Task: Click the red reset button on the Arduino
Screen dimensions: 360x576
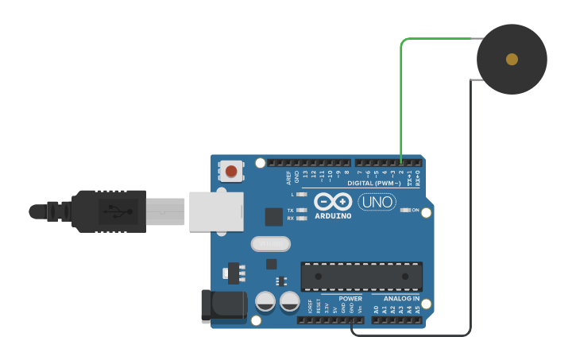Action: pyautogui.click(x=231, y=171)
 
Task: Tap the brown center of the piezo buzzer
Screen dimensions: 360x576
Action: pyautogui.click(x=512, y=59)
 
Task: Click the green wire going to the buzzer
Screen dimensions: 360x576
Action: pyautogui.click(x=401, y=95)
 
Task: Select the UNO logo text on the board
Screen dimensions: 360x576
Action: pyautogui.click(x=377, y=202)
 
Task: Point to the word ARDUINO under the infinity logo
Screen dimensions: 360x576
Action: pyautogui.click(x=333, y=216)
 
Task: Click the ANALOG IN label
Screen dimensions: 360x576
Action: pyautogui.click(x=401, y=299)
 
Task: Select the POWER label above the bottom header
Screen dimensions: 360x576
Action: pyautogui.click(x=350, y=299)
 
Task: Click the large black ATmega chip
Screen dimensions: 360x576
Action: pyautogui.click(x=361, y=276)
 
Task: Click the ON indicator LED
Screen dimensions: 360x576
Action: pyautogui.click(x=405, y=210)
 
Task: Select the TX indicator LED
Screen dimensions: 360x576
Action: pyautogui.click(x=301, y=210)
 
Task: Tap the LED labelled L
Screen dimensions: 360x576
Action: pyautogui.click(x=301, y=194)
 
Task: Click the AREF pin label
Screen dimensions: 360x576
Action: pyautogui.click(x=289, y=178)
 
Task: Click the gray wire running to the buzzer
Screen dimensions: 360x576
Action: pyautogui.click(x=470, y=207)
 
